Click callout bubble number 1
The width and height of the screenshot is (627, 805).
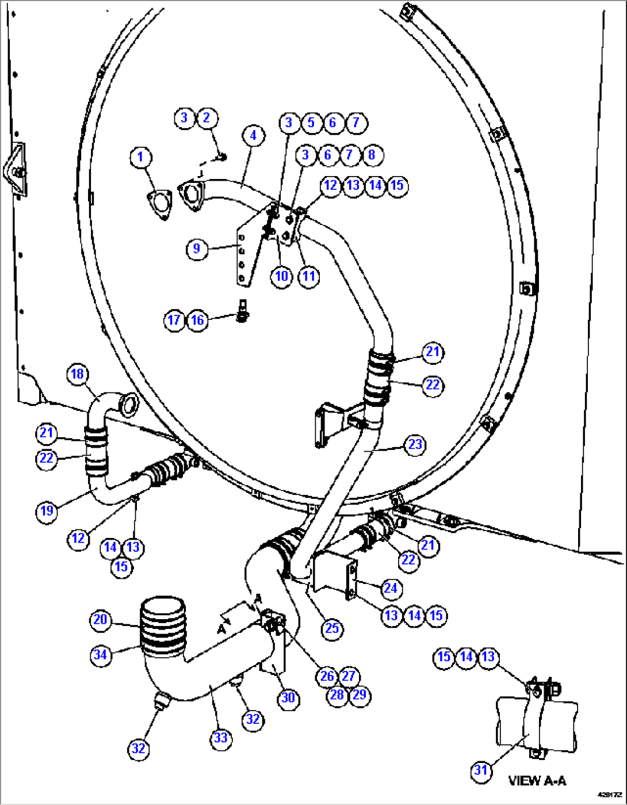click(x=140, y=157)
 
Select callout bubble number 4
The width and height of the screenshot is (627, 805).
click(x=253, y=136)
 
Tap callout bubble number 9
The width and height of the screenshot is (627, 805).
click(x=197, y=249)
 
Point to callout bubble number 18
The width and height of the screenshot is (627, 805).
click(x=77, y=374)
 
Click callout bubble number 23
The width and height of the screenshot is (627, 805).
click(x=415, y=444)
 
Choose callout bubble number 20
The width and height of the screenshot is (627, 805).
click(x=100, y=620)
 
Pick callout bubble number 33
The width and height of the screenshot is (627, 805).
click(x=221, y=738)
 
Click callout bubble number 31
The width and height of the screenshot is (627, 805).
click(x=481, y=770)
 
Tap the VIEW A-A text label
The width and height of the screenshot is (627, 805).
click(x=537, y=781)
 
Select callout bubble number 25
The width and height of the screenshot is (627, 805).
click(x=332, y=628)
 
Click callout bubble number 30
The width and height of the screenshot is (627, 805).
click(x=288, y=698)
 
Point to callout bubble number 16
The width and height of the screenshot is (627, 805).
click(x=197, y=320)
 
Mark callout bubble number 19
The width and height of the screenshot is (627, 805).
click(x=47, y=510)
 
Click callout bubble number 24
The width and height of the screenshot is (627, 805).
click(x=390, y=588)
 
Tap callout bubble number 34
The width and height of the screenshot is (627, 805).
click(x=100, y=654)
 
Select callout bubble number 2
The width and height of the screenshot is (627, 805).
click(x=207, y=118)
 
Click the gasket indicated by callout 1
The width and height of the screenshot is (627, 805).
click(x=159, y=203)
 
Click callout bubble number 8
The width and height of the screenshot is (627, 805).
click(x=372, y=154)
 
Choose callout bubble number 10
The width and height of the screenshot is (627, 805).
click(x=281, y=276)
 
